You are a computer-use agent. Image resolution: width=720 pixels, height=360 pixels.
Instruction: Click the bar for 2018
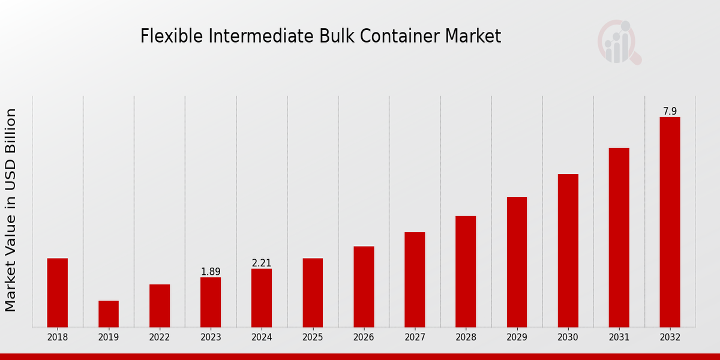[x=58, y=293]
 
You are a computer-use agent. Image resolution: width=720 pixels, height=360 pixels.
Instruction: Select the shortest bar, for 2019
[x=109, y=314]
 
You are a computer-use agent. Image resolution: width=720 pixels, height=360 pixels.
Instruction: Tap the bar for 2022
[x=160, y=306]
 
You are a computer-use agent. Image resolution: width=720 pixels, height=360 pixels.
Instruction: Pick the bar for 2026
[x=364, y=287]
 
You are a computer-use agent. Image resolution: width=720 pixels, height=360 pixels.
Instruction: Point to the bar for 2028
[x=466, y=271]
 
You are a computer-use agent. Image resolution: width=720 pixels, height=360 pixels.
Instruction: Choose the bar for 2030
[x=568, y=251]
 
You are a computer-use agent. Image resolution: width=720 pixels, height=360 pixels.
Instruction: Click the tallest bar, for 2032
[x=670, y=222]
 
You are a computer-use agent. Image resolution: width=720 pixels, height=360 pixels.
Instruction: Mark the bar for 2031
[x=619, y=238]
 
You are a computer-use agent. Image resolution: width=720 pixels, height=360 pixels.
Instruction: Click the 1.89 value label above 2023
[x=211, y=272]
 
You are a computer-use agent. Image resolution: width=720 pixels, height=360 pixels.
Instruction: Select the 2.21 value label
[x=262, y=263]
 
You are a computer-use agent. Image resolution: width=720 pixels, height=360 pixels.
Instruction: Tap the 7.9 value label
[x=670, y=112]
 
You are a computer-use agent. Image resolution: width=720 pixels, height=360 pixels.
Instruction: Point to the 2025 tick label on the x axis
[x=313, y=338]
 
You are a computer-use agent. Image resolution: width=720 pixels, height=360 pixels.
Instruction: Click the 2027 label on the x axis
[x=415, y=338]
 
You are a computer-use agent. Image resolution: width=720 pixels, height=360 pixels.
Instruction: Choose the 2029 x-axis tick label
[x=517, y=338]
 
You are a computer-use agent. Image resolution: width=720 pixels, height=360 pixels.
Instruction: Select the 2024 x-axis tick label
[x=262, y=338]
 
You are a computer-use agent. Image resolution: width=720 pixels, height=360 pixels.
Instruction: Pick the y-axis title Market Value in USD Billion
[x=11, y=210]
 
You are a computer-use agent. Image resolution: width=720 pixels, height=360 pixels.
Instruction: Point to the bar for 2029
[x=517, y=262]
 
